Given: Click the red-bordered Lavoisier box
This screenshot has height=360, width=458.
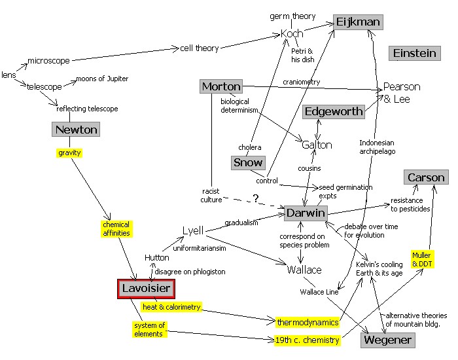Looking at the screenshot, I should [147, 289].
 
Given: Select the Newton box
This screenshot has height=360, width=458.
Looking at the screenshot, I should [76, 130].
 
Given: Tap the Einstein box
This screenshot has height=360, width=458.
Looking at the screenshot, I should [414, 54].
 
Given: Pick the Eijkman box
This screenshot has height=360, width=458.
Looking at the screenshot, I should [358, 22].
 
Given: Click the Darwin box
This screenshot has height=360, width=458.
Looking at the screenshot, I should [305, 213].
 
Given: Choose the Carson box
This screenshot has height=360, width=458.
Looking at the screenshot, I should [426, 177].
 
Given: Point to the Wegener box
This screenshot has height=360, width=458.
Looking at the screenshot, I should [388, 340].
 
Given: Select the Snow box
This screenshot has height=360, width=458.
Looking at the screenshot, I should [248, 162].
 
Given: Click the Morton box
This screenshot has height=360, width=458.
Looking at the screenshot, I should [221, 86].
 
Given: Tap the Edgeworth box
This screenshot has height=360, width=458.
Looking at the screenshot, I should [334, 111].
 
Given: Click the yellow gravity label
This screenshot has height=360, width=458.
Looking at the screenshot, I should [70, 153].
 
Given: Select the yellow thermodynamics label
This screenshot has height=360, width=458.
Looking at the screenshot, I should [308, 322].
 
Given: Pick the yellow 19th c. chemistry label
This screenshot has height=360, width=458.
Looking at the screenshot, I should [308, 340].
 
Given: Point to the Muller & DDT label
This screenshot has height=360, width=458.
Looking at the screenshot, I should [423, 259].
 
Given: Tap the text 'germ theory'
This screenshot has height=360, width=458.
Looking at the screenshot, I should [292, 16].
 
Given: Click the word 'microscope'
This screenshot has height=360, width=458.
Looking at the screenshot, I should [48, 61].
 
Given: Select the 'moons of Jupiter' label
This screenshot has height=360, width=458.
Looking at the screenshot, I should [102, 79].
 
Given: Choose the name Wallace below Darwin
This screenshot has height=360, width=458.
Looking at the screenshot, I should [304, 270].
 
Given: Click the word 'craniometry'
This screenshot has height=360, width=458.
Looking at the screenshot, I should [300, 82].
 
